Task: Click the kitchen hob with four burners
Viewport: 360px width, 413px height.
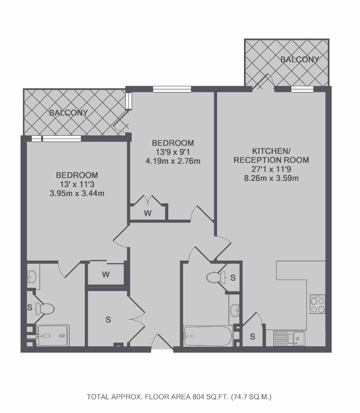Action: tap(317, 304)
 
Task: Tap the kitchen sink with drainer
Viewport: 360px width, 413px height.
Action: tap(289, 338)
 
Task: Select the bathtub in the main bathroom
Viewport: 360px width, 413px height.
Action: tap(208, 336)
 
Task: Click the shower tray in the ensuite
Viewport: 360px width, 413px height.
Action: tap(53, 335)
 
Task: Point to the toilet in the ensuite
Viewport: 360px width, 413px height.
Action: tap(44, 308)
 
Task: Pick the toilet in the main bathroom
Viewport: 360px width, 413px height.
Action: tap(216, 277)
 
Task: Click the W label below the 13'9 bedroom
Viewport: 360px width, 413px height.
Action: tap(148, 213)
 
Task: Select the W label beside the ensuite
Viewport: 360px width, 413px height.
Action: tap(106, 275)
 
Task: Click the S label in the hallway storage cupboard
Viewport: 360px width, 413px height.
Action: tap(108, 320)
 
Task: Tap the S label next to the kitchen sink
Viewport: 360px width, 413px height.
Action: tap(252, 336)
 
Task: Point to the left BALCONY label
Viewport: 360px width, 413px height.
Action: tap(68, 113)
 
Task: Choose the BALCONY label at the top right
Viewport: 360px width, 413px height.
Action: tap(300, 59)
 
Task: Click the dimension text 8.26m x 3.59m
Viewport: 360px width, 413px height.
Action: tap(271, 178)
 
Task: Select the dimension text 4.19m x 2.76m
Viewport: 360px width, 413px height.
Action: tap(173, 161)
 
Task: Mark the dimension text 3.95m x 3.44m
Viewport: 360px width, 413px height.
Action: tap(77, 193)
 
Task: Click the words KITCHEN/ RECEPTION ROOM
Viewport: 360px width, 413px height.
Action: tap(271, 156)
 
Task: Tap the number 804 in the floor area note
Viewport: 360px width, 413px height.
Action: tap(198, 397)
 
